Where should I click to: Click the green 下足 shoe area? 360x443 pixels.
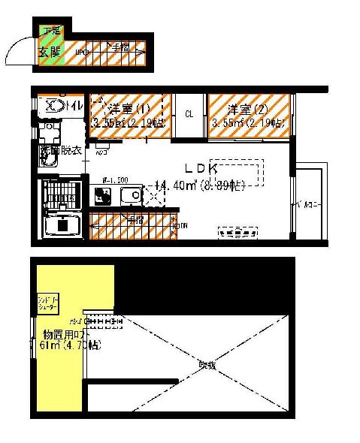(x=51, y=32)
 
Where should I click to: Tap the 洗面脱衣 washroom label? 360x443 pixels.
(x=60, y=151)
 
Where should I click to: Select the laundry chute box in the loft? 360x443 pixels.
(x=50, y=303)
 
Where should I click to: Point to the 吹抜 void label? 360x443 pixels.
(x=207, y=365)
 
